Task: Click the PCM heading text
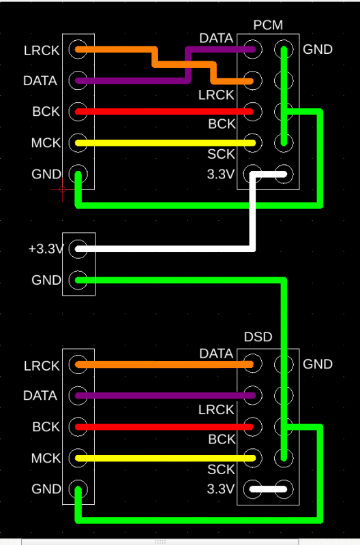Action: pos(268,26)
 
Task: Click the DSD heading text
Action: pos(258,337)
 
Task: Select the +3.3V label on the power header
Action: pos(46,249)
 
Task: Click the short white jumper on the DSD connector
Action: pos(268,488)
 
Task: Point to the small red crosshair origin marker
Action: pos(63,189)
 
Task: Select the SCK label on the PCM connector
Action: pos(221,155)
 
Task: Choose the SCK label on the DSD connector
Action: pos(221,469)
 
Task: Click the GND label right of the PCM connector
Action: pos(318,49)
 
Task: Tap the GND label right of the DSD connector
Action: pos(318,364)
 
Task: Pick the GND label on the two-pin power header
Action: pos(46,280)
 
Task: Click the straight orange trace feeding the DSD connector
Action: pos(164,364)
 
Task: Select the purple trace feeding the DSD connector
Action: pos(164,395)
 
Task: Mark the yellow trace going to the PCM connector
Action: pos(164,143)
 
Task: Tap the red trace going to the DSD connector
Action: pos(164,427)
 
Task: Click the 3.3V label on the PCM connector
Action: pos(221,174)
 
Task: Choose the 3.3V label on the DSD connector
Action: pos(221,489)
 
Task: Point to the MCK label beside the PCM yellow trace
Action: pos(46,143)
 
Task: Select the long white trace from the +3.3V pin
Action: pos(164,249)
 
